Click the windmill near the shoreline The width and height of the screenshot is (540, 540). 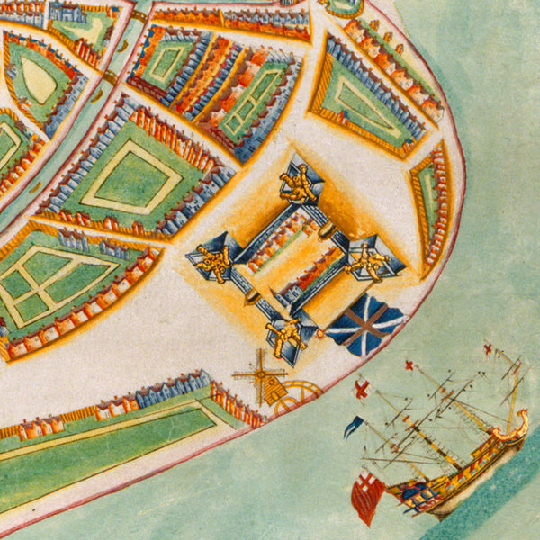click(260, 373)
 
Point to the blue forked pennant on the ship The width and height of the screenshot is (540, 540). click(354, 425)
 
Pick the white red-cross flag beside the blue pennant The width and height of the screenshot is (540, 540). click(362, 389)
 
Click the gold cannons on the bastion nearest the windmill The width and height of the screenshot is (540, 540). click(286, 335)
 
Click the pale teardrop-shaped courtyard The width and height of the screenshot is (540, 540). click(39, 80)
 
